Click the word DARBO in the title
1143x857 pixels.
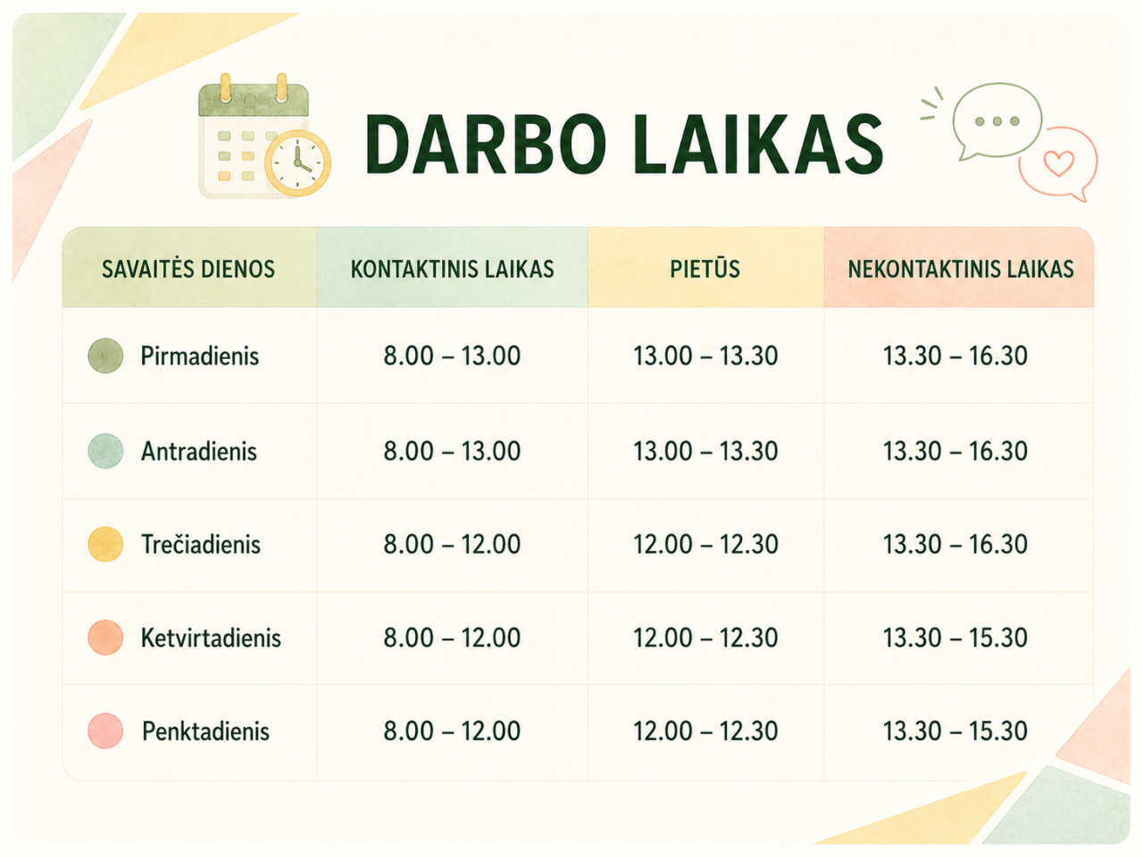click(485, 144)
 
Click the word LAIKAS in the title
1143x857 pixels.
click(757, 144)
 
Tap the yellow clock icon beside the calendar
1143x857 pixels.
click(297, 162)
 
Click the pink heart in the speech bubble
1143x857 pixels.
click(1059, 162)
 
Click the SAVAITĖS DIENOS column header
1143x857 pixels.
click(188, 269)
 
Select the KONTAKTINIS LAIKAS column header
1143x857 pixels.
click(452, 269)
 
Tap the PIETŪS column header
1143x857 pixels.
click(705, 269)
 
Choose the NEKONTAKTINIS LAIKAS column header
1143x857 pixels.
click(961, 269)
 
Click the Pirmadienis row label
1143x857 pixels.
click(199, 356)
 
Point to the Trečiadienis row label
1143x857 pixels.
click(201, 545)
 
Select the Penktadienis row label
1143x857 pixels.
click(205, 731)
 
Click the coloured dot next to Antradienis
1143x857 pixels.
click(105, 451)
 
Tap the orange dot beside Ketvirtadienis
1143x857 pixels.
click(105, 637)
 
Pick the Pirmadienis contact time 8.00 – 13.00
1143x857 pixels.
click(452, 356)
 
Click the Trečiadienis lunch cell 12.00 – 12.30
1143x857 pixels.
click(705, 545)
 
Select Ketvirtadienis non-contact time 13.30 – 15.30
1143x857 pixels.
click(955, 637)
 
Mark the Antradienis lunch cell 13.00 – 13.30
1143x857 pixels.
click(705, 451)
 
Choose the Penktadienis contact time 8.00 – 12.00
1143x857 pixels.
click(452, 730)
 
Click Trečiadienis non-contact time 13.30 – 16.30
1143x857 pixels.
click(955, 545)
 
